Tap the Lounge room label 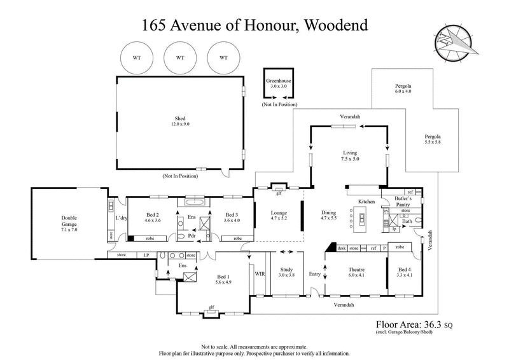[279, 212]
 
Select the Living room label [350, 153]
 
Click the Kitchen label [366, 201]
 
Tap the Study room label [288, 268]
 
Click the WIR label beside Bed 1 [260, 274]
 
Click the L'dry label [120, 219]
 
